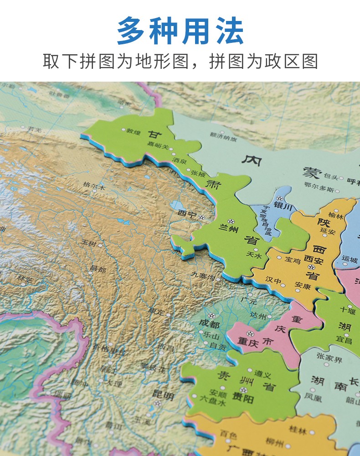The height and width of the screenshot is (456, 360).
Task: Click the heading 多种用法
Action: (180, 31)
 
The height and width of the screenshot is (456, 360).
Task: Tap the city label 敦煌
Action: (134, 131)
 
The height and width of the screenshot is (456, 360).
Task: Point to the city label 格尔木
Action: (94, 186)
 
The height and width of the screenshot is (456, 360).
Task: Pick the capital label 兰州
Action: (230, 229)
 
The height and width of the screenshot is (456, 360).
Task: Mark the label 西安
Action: (314, 260)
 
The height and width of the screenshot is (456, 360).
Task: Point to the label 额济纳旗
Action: (223, 135)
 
